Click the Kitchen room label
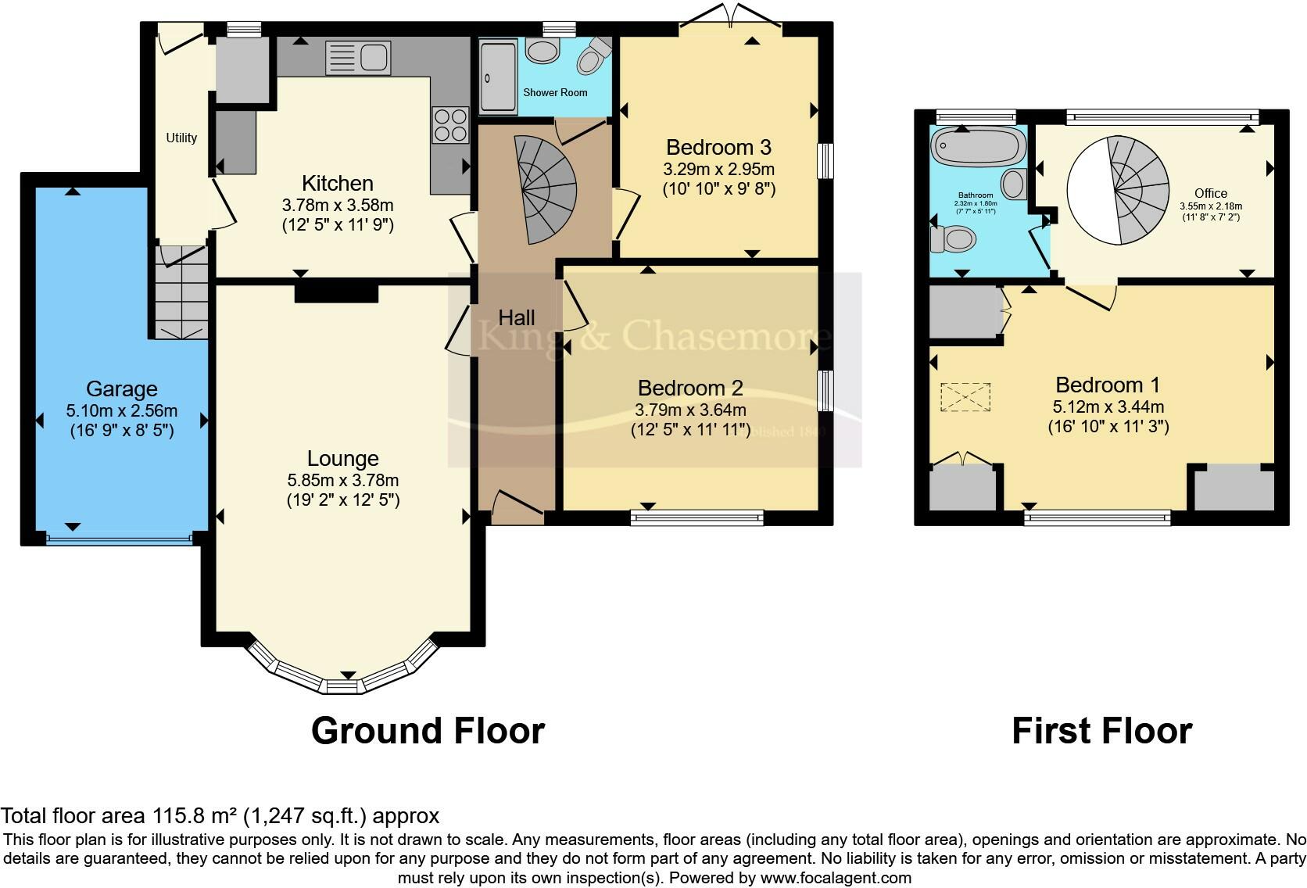(x=337, y=184)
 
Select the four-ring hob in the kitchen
(x=449, y=125)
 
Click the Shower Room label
(x=555, y=92)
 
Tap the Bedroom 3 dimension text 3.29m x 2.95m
(x=718, y=170)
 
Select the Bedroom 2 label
(x=690, y=388)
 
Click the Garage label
(x=121, y=388)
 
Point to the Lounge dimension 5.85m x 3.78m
(x=342, y=481)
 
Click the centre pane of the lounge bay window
(x=341, y=686)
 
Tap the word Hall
(x=517, y=317)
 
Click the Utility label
(x=181, y=138)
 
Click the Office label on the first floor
(x=1210, y=193)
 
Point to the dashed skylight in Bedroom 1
(x=965, y=396)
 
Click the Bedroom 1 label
(x=1107, y=385)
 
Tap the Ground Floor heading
(x=428, y=731)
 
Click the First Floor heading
(x=1101, y=731)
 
